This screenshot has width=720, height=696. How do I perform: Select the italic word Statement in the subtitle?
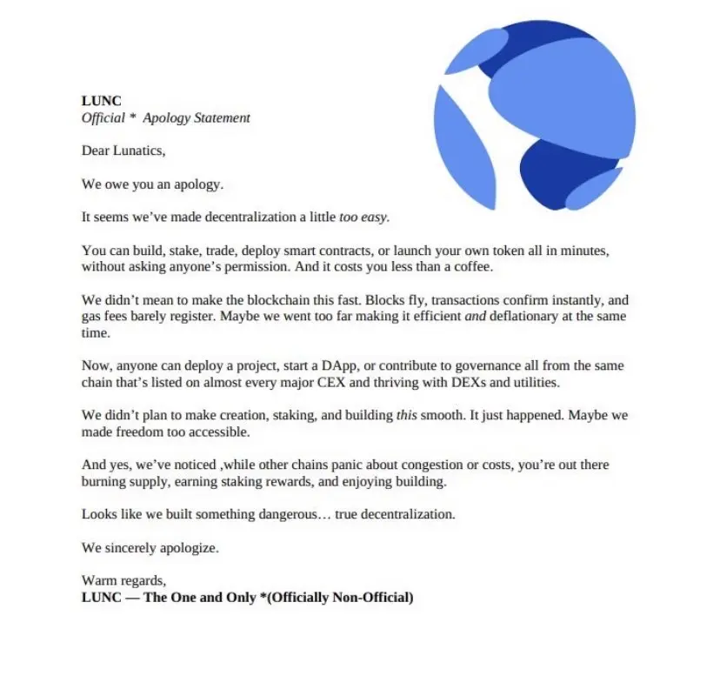pos(219,117)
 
